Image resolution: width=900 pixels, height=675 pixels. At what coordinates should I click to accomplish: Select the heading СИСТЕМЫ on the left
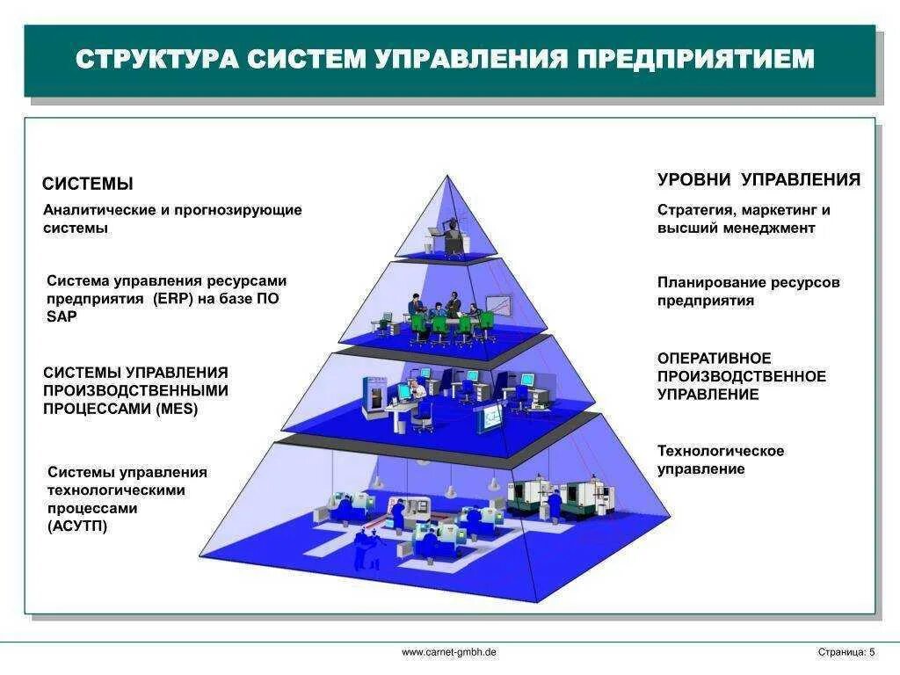point(88,184)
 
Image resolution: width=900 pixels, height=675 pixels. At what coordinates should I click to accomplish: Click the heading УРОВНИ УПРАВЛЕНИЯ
point(758,180)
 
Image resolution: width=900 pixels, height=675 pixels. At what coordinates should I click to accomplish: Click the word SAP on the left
point(62,316)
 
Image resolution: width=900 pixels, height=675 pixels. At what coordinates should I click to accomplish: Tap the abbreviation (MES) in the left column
point(178,409)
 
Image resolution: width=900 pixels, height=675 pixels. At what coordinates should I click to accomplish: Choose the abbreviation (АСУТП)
point(77,526)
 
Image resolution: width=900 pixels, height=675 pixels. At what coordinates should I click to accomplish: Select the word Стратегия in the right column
point(694,210)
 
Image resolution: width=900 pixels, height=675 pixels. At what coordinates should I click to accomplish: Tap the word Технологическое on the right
point(721,451)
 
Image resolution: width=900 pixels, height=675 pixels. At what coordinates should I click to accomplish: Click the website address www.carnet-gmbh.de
point(449,652)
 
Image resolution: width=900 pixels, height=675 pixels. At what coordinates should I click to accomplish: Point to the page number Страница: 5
point(846,652)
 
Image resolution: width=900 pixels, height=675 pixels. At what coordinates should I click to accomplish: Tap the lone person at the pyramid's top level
point(452,236)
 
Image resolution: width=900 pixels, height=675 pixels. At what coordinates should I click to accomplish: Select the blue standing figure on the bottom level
point(360,549)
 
